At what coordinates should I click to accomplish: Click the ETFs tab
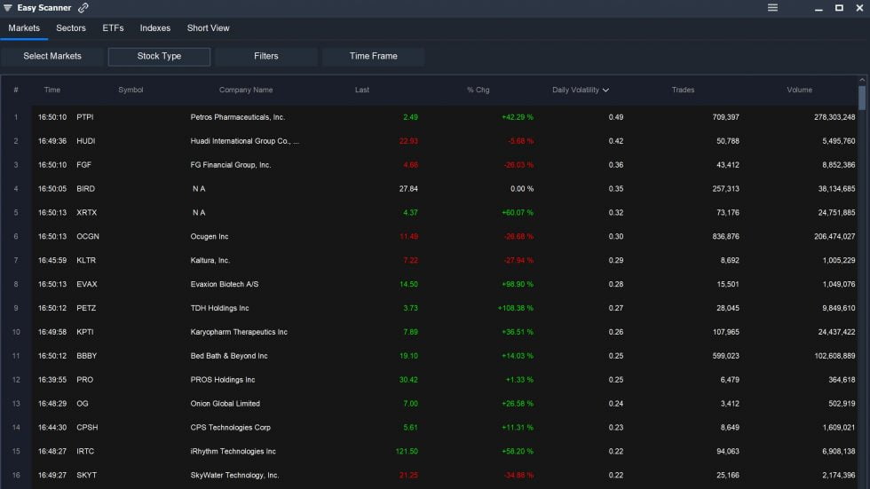click(x=113, y=28)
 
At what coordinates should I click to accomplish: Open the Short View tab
click(x=208, y=28)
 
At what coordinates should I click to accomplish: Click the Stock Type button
click(x=159, y=57)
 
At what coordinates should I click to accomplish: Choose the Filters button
click(x=265, y=57)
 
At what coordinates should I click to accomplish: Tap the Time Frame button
click(x=373, y=57)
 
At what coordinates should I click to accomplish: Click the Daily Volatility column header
click(x=580, y=91)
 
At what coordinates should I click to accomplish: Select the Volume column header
click(x=799, y=91)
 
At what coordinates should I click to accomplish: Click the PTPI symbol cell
click(x=85, y=117)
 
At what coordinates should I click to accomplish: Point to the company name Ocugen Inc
click(x=210, y=237)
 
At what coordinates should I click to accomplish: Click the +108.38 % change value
click(x=515, y=309)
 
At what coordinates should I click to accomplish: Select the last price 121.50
click(x=407, y=452)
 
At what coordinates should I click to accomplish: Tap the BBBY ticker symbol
click(x=86, y=357)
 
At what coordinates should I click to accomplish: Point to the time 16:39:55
click(x=51, y=380)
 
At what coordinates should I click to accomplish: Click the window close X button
click(x=858, y=8)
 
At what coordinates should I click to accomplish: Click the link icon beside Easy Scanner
click(x=83, y=8)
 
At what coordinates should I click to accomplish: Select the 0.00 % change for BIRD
click(x=518, y=189)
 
